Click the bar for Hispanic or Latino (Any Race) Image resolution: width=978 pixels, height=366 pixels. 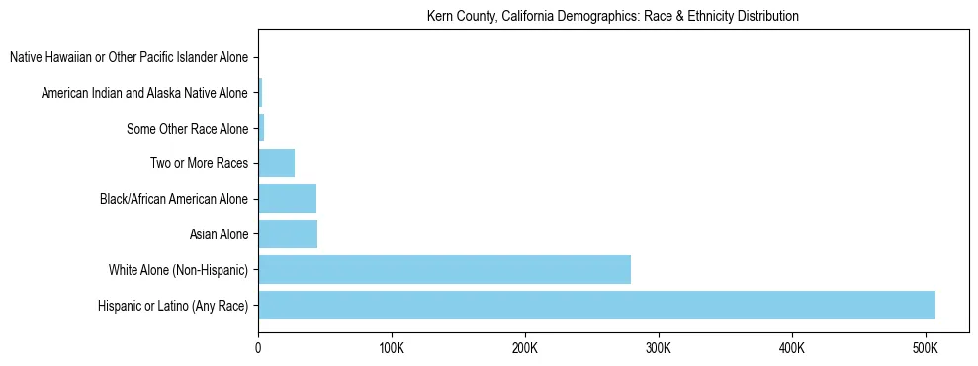(596, 306)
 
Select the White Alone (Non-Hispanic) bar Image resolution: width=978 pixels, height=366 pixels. (444, 270)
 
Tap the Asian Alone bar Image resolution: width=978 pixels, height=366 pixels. (288, 234)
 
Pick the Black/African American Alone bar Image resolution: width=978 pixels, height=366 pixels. (287, 199)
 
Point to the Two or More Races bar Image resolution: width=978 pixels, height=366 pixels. (276, 163)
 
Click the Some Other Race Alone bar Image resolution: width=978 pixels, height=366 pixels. (261, 128)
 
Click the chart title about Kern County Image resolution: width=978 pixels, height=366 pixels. (612, 17)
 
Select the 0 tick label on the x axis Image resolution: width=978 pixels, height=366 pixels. (258, 348)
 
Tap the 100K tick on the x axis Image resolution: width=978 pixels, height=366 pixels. (392, 348)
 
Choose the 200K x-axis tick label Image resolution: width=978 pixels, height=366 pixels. (525, 348)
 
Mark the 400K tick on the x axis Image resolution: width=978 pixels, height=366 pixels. (791, 348)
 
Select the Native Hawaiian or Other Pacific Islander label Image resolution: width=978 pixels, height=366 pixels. (129, 57)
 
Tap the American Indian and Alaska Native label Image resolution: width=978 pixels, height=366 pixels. (144, 93)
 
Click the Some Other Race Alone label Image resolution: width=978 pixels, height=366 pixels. (187, 129)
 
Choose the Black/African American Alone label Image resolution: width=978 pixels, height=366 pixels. (173, 199)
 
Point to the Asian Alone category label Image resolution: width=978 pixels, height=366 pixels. (219, 234)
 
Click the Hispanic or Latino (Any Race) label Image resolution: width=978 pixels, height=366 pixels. (172, 306)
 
